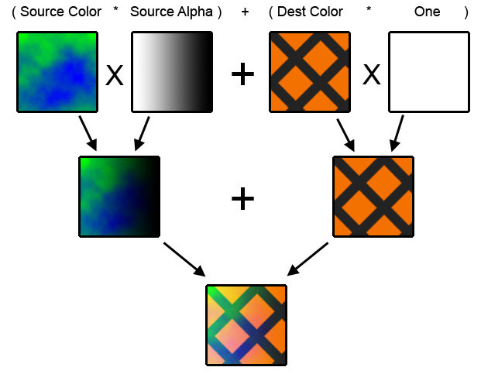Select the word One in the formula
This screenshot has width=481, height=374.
427,12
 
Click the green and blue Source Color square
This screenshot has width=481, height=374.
57,72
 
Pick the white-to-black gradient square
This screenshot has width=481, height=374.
172,72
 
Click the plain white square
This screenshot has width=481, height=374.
428,72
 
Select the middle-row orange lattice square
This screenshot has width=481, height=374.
373,197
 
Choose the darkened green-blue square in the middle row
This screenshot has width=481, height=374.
119,197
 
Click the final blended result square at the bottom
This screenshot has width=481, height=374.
246,324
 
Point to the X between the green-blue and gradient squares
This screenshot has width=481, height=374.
115,74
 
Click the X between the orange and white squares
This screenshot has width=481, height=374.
372,74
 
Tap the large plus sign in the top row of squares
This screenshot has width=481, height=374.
242,74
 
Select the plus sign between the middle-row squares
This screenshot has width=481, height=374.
242,199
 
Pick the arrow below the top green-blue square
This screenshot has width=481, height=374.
87,133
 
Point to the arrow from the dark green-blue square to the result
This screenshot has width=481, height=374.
184,259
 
